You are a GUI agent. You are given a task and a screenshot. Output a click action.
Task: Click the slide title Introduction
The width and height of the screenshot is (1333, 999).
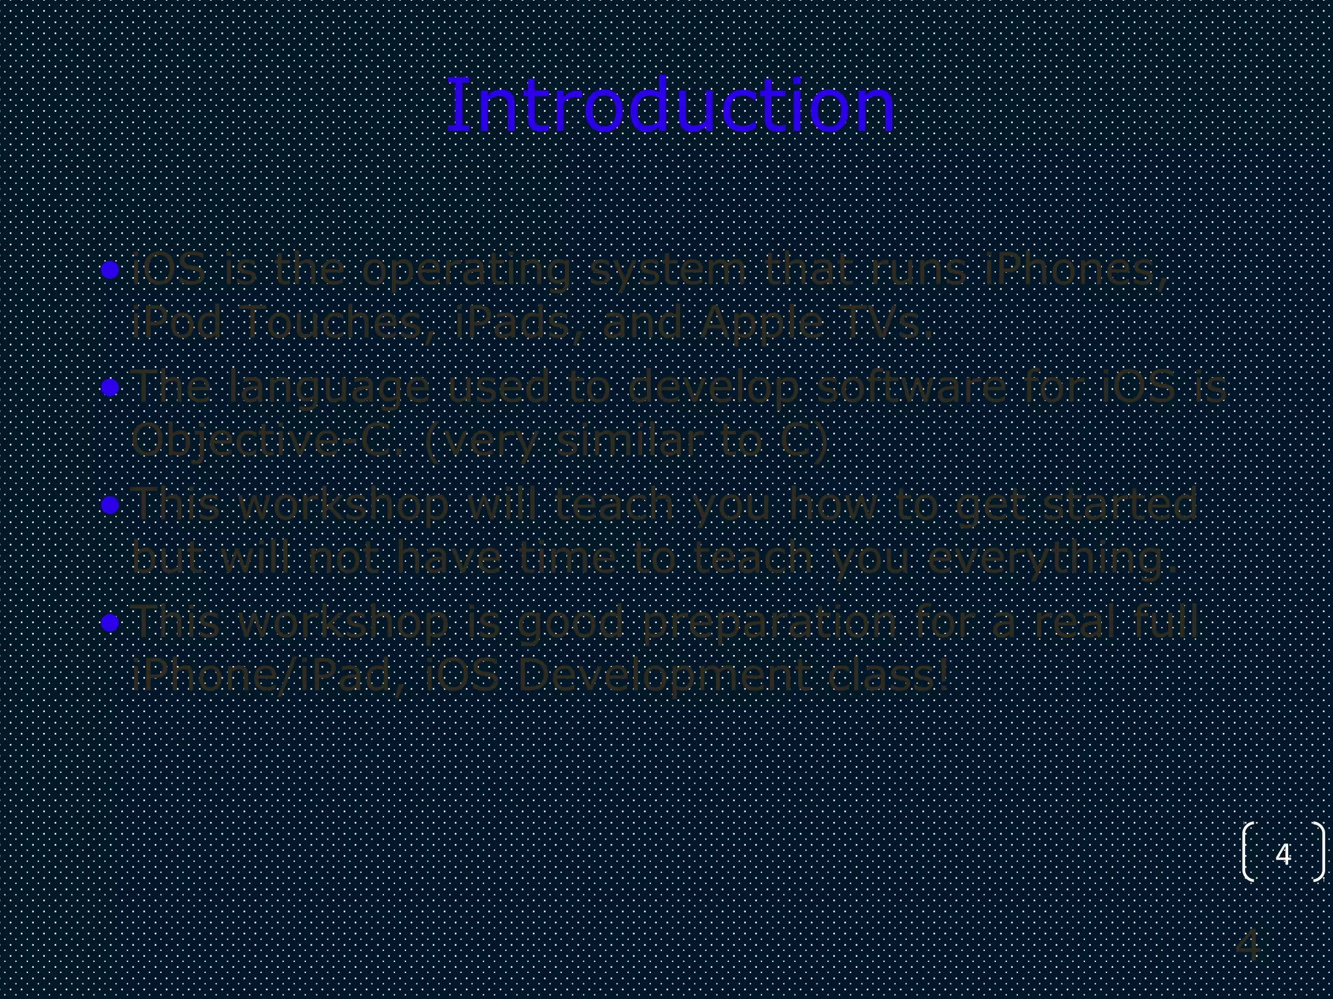[x=671, y=106]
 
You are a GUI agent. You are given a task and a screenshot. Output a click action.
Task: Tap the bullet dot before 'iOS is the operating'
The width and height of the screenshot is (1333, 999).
[x=111, y=270]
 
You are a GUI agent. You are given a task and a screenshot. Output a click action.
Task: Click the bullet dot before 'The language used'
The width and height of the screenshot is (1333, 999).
[x=111, y=388]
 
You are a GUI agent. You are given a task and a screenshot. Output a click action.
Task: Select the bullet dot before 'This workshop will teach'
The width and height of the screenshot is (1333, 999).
[x=111, y=505]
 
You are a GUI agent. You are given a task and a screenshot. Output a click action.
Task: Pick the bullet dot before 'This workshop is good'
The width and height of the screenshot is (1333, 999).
[x=111, y=623]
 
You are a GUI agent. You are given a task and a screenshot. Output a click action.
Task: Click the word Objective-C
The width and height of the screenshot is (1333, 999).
[x=269, y=441]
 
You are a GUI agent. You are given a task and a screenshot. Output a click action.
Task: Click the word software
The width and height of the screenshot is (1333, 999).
[x=911, y=387]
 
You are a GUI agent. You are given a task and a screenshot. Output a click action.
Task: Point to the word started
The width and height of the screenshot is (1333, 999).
[x=1120, y=505]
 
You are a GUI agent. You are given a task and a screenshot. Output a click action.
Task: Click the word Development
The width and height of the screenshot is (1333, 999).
[x=664, y=675]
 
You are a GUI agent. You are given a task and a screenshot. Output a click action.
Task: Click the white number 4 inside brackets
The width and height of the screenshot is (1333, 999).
[x=1283, y=854]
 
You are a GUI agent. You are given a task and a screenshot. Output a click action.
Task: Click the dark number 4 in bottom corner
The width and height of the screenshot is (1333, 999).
[x=1248, y=946]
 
